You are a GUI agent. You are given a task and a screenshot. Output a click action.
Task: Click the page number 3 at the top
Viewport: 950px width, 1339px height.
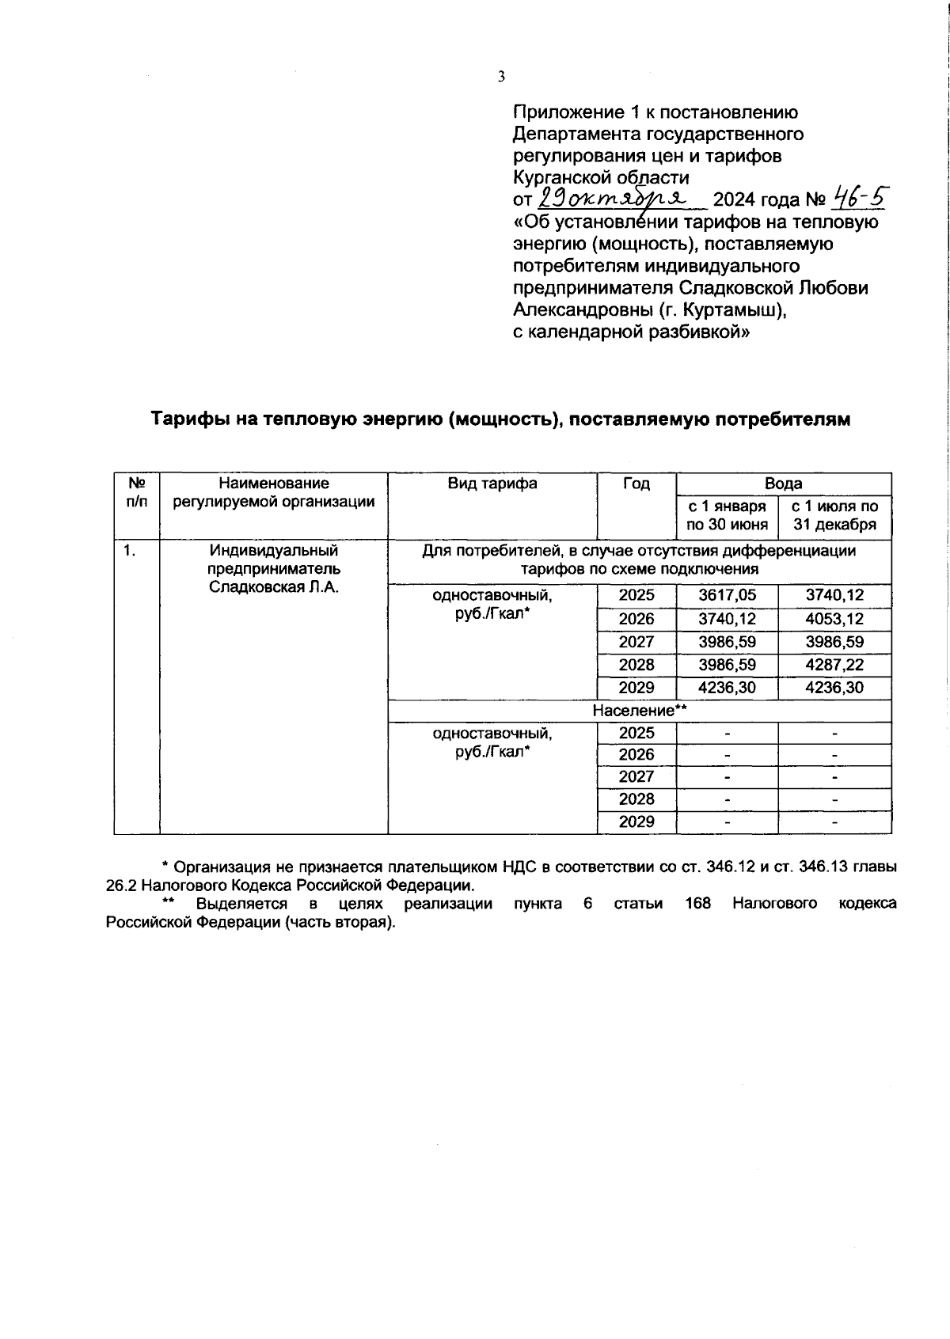500,77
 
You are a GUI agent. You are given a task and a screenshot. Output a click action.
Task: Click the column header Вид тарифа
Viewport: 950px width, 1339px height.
492,484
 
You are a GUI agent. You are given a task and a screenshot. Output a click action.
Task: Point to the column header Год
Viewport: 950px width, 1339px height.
636,484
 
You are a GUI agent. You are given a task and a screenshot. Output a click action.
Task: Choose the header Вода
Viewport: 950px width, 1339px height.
783,484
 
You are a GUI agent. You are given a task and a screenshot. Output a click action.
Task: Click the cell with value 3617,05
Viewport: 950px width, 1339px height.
727,596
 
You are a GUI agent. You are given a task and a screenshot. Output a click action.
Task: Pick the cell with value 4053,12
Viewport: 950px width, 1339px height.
834,619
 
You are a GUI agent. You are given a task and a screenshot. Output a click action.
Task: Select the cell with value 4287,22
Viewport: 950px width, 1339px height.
834,665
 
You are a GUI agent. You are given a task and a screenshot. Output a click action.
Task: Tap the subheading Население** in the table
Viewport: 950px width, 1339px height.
639,711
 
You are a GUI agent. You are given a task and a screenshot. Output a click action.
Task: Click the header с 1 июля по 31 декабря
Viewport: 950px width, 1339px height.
834,515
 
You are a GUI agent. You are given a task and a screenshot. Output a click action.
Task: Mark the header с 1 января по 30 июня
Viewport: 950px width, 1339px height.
727,515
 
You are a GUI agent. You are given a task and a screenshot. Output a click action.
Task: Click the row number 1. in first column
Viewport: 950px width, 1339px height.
129,551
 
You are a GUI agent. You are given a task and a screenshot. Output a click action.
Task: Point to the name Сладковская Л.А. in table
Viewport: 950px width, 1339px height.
274,586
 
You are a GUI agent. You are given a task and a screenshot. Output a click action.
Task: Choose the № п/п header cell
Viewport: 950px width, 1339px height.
136,492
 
